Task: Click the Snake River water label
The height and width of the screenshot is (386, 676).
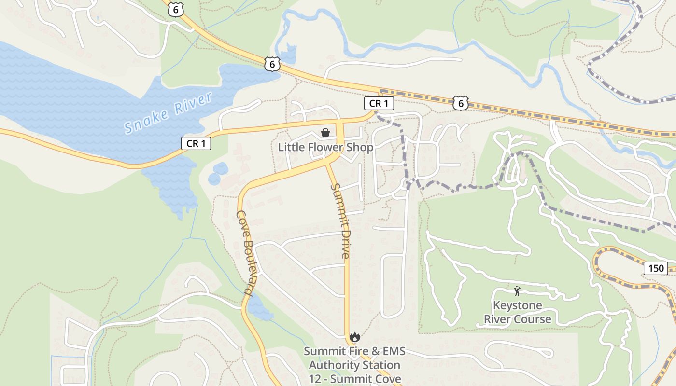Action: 168,113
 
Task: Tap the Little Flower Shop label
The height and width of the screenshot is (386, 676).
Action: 325,147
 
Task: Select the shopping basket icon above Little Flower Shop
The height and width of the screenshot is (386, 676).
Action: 325,133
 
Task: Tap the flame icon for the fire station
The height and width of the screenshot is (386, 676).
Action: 355,337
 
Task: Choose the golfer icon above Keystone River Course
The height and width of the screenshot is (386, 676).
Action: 517,291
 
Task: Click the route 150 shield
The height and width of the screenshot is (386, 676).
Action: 656,268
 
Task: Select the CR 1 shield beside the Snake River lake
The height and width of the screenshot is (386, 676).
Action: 196,143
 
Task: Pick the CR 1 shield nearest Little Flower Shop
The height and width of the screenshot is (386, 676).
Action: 379,103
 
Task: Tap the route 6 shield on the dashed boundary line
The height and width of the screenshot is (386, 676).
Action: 461,102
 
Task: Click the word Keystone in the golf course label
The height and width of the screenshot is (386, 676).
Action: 517,306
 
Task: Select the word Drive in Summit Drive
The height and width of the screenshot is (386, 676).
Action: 343,243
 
